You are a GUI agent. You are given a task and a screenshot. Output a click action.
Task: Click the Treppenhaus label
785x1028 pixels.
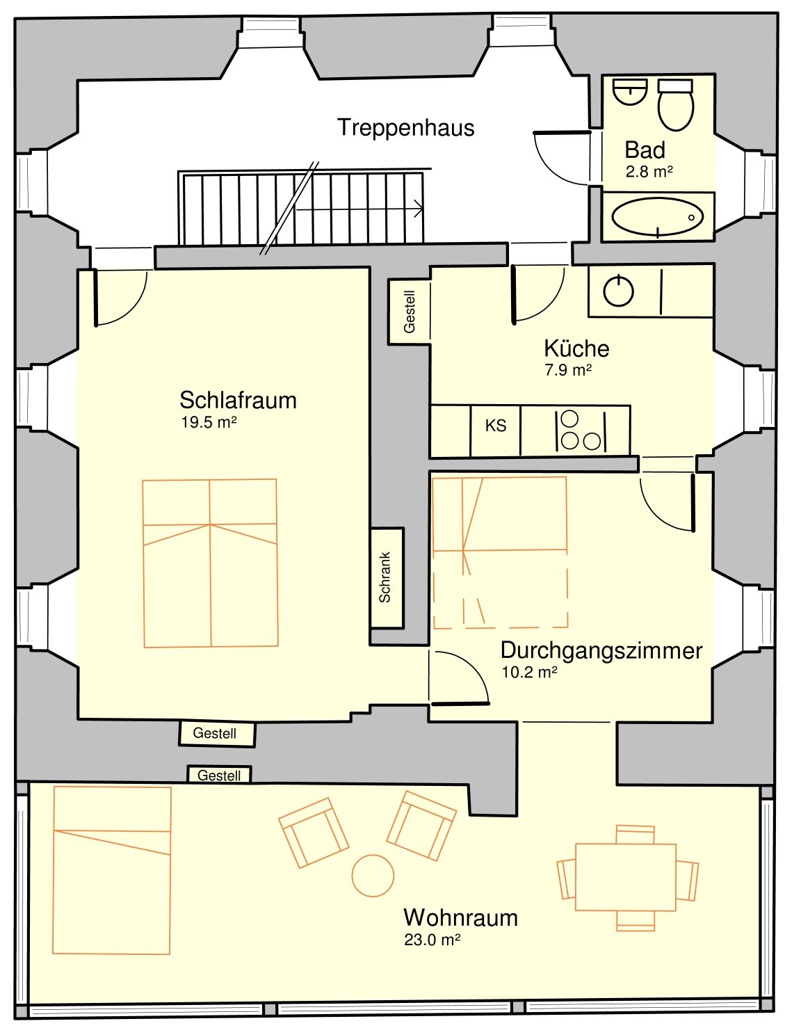click(x=405, y=128)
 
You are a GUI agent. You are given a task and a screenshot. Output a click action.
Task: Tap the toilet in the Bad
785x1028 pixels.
click(x=675, y=105)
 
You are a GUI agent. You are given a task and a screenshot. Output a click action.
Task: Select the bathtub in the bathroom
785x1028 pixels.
click(x=657, y=217)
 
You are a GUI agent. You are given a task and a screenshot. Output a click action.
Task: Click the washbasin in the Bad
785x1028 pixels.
click(x=629, y=91)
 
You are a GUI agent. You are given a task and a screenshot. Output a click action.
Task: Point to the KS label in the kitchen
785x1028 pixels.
click(x=496, y=426)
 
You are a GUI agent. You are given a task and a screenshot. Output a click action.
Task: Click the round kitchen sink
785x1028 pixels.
click(x=618, y=291)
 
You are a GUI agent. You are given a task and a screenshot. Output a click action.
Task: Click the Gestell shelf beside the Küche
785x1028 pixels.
click(x=409, y=312)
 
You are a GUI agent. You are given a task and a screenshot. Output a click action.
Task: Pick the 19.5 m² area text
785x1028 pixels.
click(x=209, y=422)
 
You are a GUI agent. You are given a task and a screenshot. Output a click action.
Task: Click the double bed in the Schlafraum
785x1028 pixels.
click(x=210, y=563)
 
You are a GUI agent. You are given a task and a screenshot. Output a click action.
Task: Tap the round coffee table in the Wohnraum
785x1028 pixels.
click(x=373, y=875)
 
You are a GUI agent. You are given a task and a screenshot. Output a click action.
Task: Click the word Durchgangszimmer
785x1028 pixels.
click(x=601, y=651)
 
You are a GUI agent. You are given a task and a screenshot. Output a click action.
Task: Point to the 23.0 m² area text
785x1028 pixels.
click(x=432, y=940)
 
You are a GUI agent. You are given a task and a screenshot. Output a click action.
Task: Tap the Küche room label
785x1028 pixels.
click(x=576, y=349)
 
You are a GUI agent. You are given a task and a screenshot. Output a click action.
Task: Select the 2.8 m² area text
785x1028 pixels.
click(x=649, y=172)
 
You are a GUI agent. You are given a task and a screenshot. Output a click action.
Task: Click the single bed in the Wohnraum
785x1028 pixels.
click(x=111, y=870)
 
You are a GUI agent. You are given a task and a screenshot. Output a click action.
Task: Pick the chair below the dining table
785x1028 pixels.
click(x=636, y=921)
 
